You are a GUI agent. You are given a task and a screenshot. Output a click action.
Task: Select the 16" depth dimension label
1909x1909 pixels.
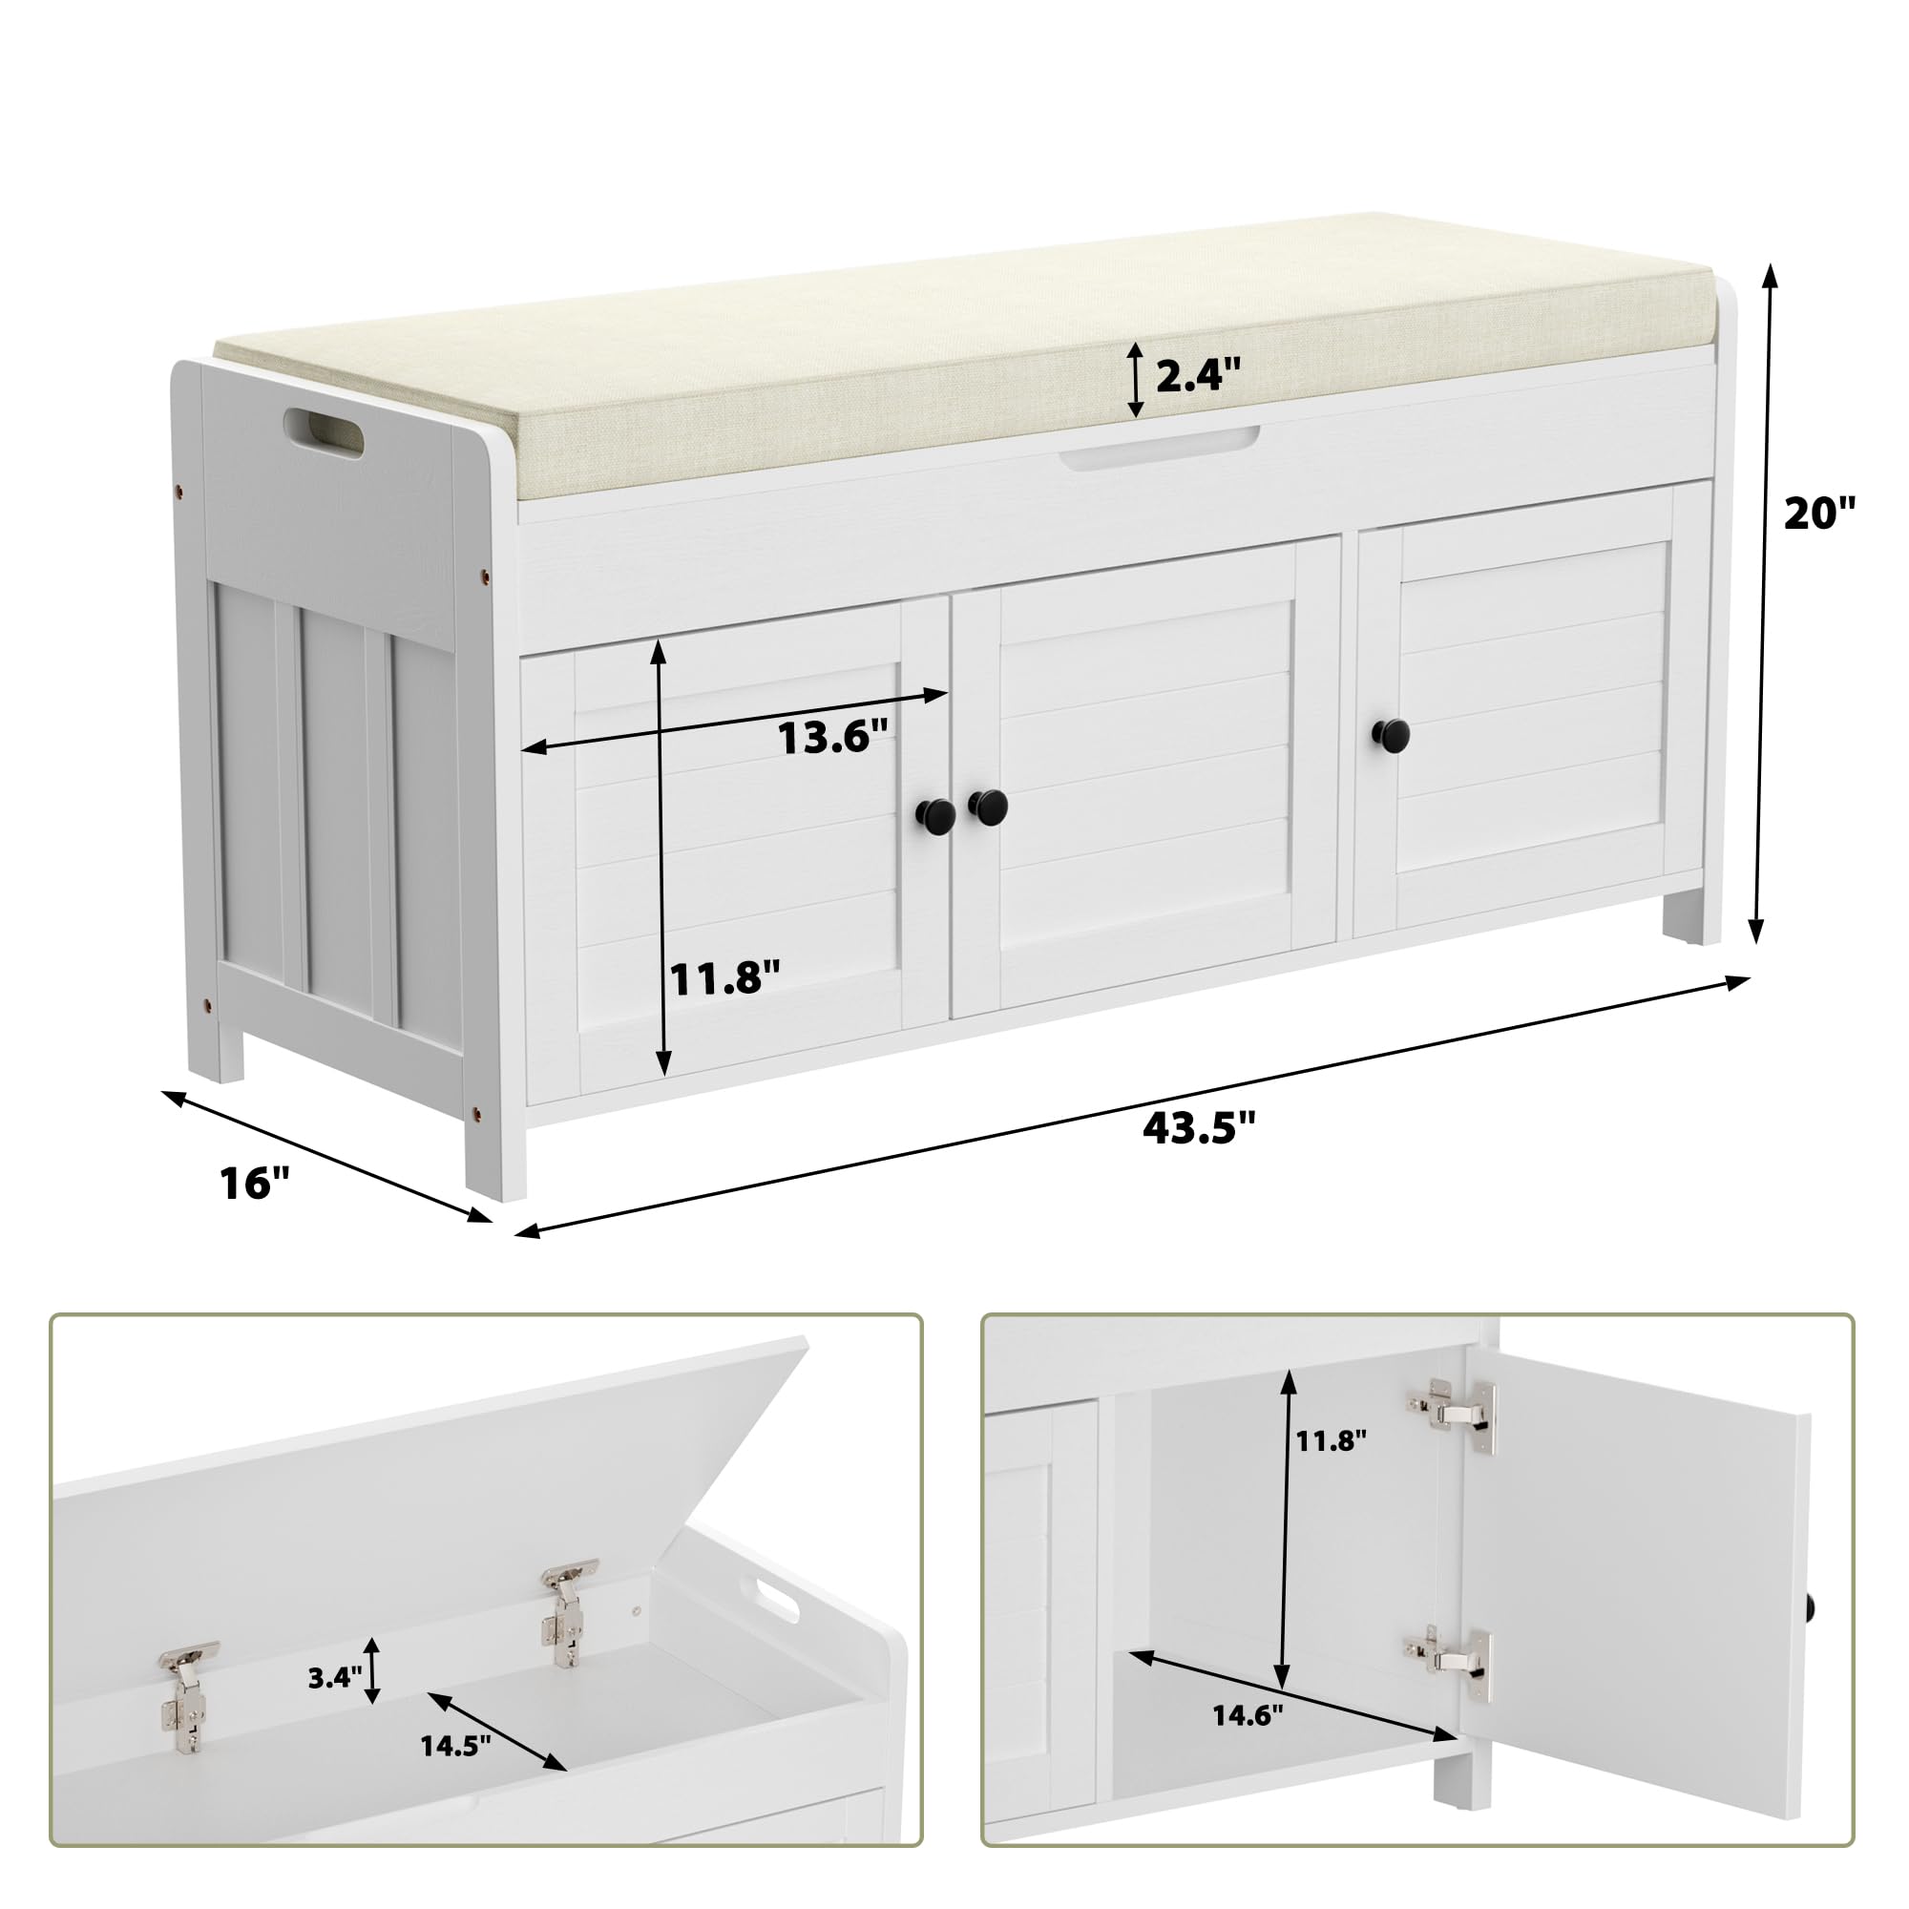[255, 1184]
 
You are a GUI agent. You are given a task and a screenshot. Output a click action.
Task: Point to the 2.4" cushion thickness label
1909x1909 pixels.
[1198, 375]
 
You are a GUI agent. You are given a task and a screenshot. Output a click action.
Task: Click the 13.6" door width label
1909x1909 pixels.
[833, 737]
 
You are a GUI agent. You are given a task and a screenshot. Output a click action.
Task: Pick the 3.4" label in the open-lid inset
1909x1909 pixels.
[335, 1677]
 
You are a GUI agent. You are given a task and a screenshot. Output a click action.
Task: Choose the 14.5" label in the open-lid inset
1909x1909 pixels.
[455, 1746]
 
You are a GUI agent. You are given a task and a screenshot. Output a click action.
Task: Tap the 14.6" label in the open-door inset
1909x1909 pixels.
[1248, 1716]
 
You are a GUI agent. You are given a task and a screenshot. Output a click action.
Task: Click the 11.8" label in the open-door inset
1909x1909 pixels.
[1331, 1441]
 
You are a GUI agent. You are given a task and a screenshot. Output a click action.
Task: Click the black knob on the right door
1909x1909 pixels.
[1392, 733]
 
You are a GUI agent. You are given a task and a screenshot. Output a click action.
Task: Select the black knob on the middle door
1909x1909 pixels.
[988, 807]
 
